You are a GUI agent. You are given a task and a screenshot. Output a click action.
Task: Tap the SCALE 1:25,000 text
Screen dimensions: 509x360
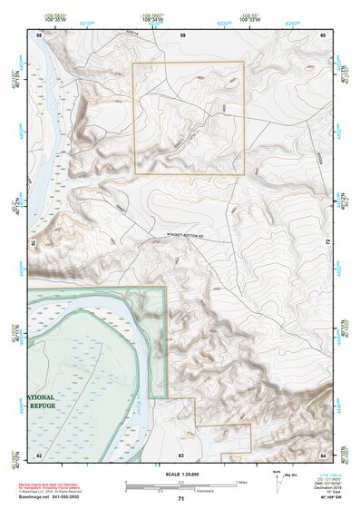click(x=180, y=474)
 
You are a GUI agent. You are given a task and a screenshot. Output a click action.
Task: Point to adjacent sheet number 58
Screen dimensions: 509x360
click(x=39, y=34)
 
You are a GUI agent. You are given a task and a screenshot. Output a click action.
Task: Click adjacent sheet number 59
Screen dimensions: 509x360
click(x=182, y=34)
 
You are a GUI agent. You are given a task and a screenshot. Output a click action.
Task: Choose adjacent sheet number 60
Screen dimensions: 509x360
click(x=323, y=34)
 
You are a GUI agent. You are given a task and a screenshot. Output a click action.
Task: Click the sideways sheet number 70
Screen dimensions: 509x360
click(x=37, y=243)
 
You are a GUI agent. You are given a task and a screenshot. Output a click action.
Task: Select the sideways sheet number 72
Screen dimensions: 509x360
click(x=325, y=243)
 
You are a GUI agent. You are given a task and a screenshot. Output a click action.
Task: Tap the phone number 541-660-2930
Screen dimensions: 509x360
click(x=83, y=496)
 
